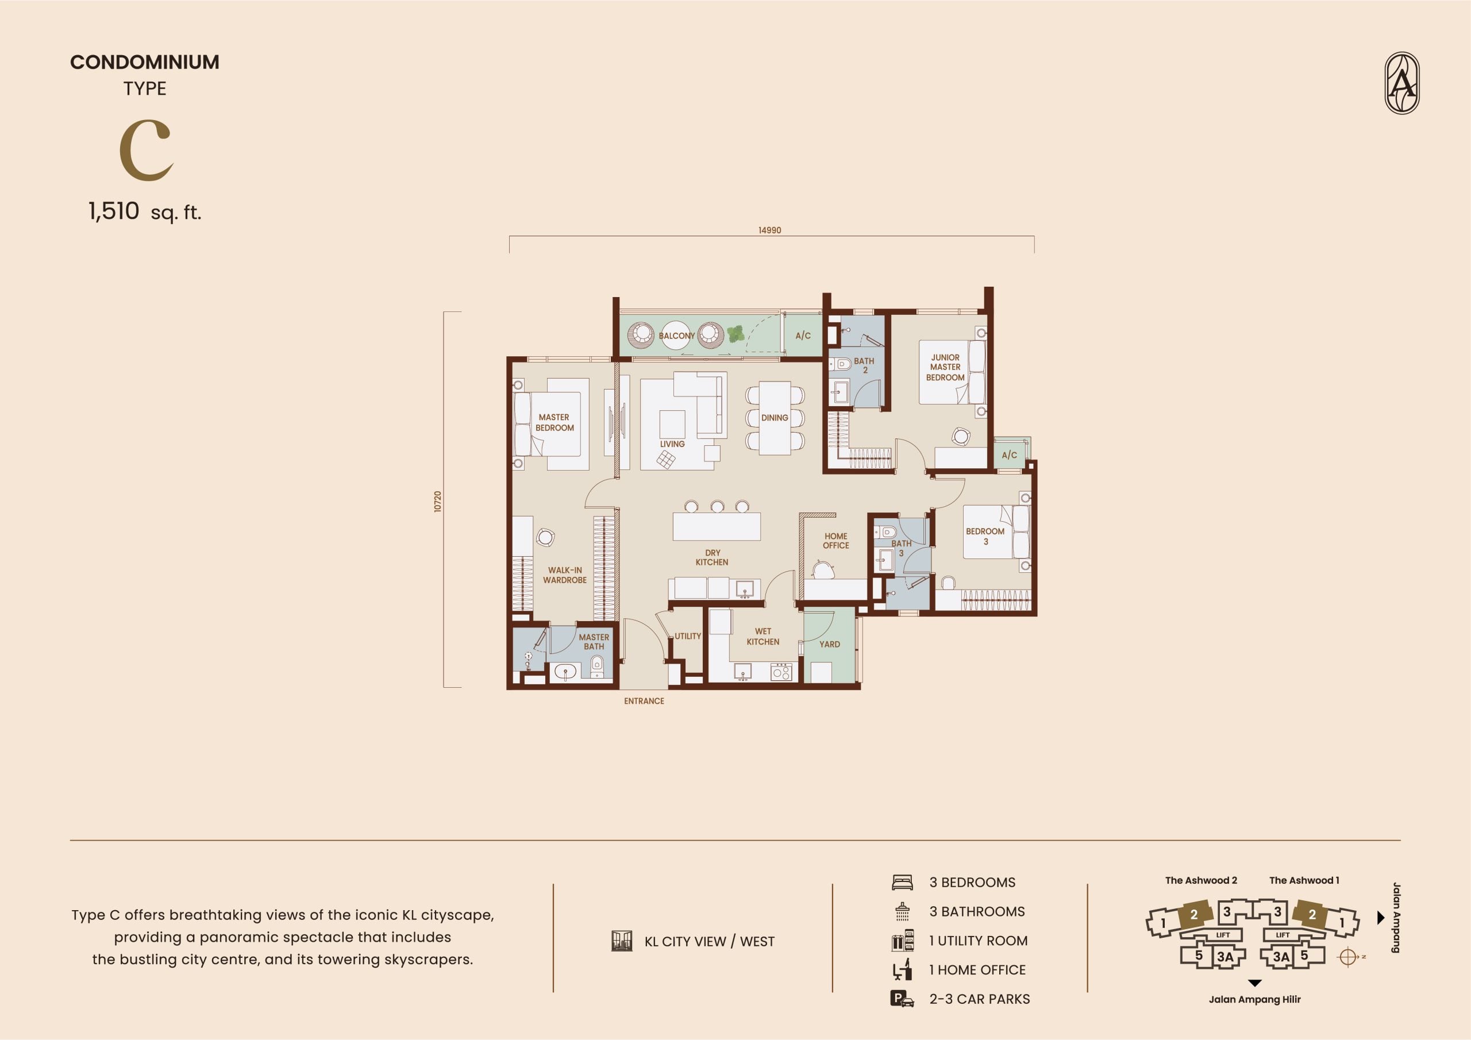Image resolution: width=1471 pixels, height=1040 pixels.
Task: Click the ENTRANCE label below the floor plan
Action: pyautogui.click(x=644, y=701)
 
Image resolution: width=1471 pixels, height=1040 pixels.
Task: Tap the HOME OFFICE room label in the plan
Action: pyautogui.click(x=836, y=541)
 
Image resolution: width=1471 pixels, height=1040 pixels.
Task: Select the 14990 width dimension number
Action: pyautogui.click(x=769, y=230)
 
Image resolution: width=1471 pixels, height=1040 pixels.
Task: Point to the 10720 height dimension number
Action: pyautogui.click(x=438, y=501)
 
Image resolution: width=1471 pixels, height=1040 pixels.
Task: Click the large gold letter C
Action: pyautogui.click(x=146, y=150)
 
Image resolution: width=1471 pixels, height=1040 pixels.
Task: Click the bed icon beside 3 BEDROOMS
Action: pyautogui.click(x=902, y=883)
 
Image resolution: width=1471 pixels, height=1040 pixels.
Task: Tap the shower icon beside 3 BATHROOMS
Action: pyautogui.click(x=902, y=911)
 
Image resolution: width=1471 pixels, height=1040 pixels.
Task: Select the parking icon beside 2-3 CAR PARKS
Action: pyautogui.click(x=902, y=999)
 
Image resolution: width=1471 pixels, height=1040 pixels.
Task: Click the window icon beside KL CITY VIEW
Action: pyautogui.click(x=622, y=941)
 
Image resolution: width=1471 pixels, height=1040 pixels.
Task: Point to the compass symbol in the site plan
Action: pyautogui.click(x=1347, y=957)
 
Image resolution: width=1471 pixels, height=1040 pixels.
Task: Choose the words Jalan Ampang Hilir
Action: pyautogui.click(x=1254, y=1000)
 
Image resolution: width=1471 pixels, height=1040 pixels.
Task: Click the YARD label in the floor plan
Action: pyautogui.click(x=830, y=645)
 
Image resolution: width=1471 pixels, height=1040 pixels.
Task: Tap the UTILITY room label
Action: pyautogui.click(x=687, y=636)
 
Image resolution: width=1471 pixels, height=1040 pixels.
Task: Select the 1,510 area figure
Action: pyautogui.click(x=113, y=211)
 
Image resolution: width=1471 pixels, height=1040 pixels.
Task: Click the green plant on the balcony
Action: pyautogui.click(x=735, y=334)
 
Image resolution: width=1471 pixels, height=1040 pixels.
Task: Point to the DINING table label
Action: pyautogui.click(x=775, y=418)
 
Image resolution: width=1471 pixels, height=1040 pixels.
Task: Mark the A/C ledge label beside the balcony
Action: pyautogui.click(x=803, y=335)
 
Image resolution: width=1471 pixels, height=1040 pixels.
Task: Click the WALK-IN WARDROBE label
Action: pyautogui.click(x=564, y=575)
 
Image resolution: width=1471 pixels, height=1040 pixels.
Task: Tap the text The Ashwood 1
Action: pyautogui.click(x=1304, y=880)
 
